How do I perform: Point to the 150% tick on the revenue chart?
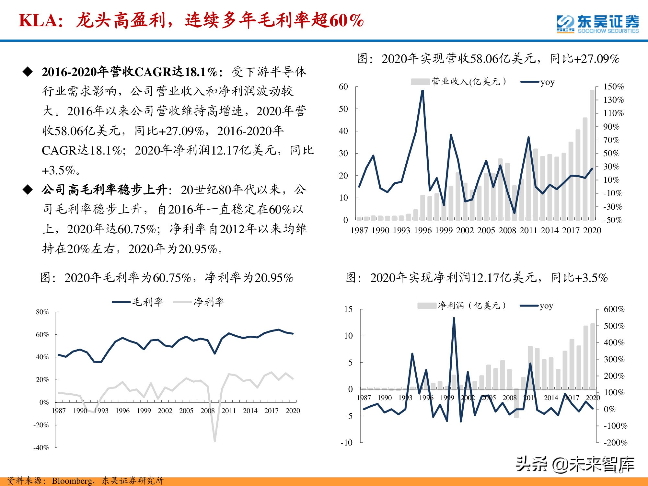pyautogui.click(x=613, y=87)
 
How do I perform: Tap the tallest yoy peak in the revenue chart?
pyautogui.click(x=422, y=91)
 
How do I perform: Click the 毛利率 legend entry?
pyautogui.click(x=138, y=302)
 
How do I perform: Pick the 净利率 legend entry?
pyautogui.click(x=199, y=302)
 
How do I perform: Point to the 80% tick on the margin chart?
pyautogui.click(x=42, y=312)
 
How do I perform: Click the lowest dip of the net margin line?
pyautogui.click(x=215, y=441)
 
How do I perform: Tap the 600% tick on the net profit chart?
pyautogui.click(x=614, y=309)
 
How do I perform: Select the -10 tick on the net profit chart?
pyautogui.click(x=346, y=443)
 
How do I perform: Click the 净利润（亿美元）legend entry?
pyautogui.click(x=462, y=306)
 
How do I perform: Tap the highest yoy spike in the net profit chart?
pyautogui.click(x=454, y=318)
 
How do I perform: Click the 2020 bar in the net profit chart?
pyautogui.click(x=593, y=356)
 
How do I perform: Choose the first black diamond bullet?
pyautogui.click(x=28, y=72)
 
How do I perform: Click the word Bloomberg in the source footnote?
pyautogui.click(x=72, y=480)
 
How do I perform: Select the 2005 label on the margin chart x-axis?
pyautogui.click(x=186, y=411)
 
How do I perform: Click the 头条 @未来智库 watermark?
pyautogui.click(x=575, y=464)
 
